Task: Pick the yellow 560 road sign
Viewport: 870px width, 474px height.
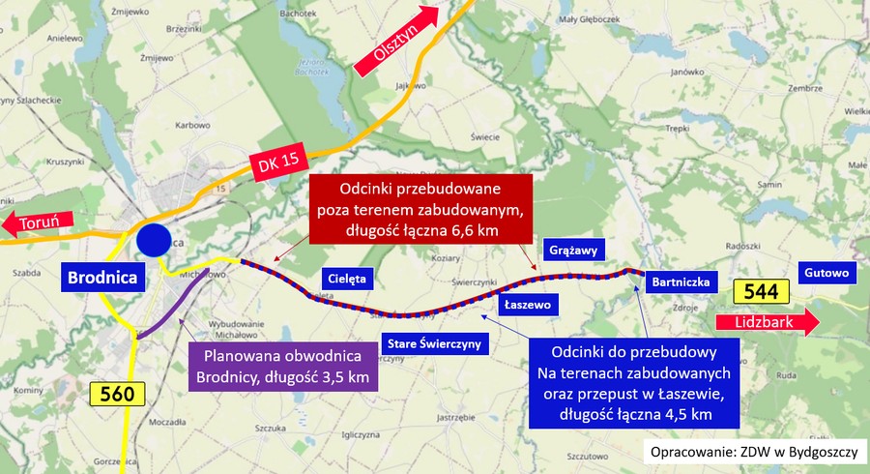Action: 117,393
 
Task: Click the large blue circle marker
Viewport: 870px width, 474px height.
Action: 153,241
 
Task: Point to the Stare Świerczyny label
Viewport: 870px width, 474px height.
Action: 433,343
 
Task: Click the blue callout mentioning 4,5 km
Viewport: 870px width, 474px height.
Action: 633,383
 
